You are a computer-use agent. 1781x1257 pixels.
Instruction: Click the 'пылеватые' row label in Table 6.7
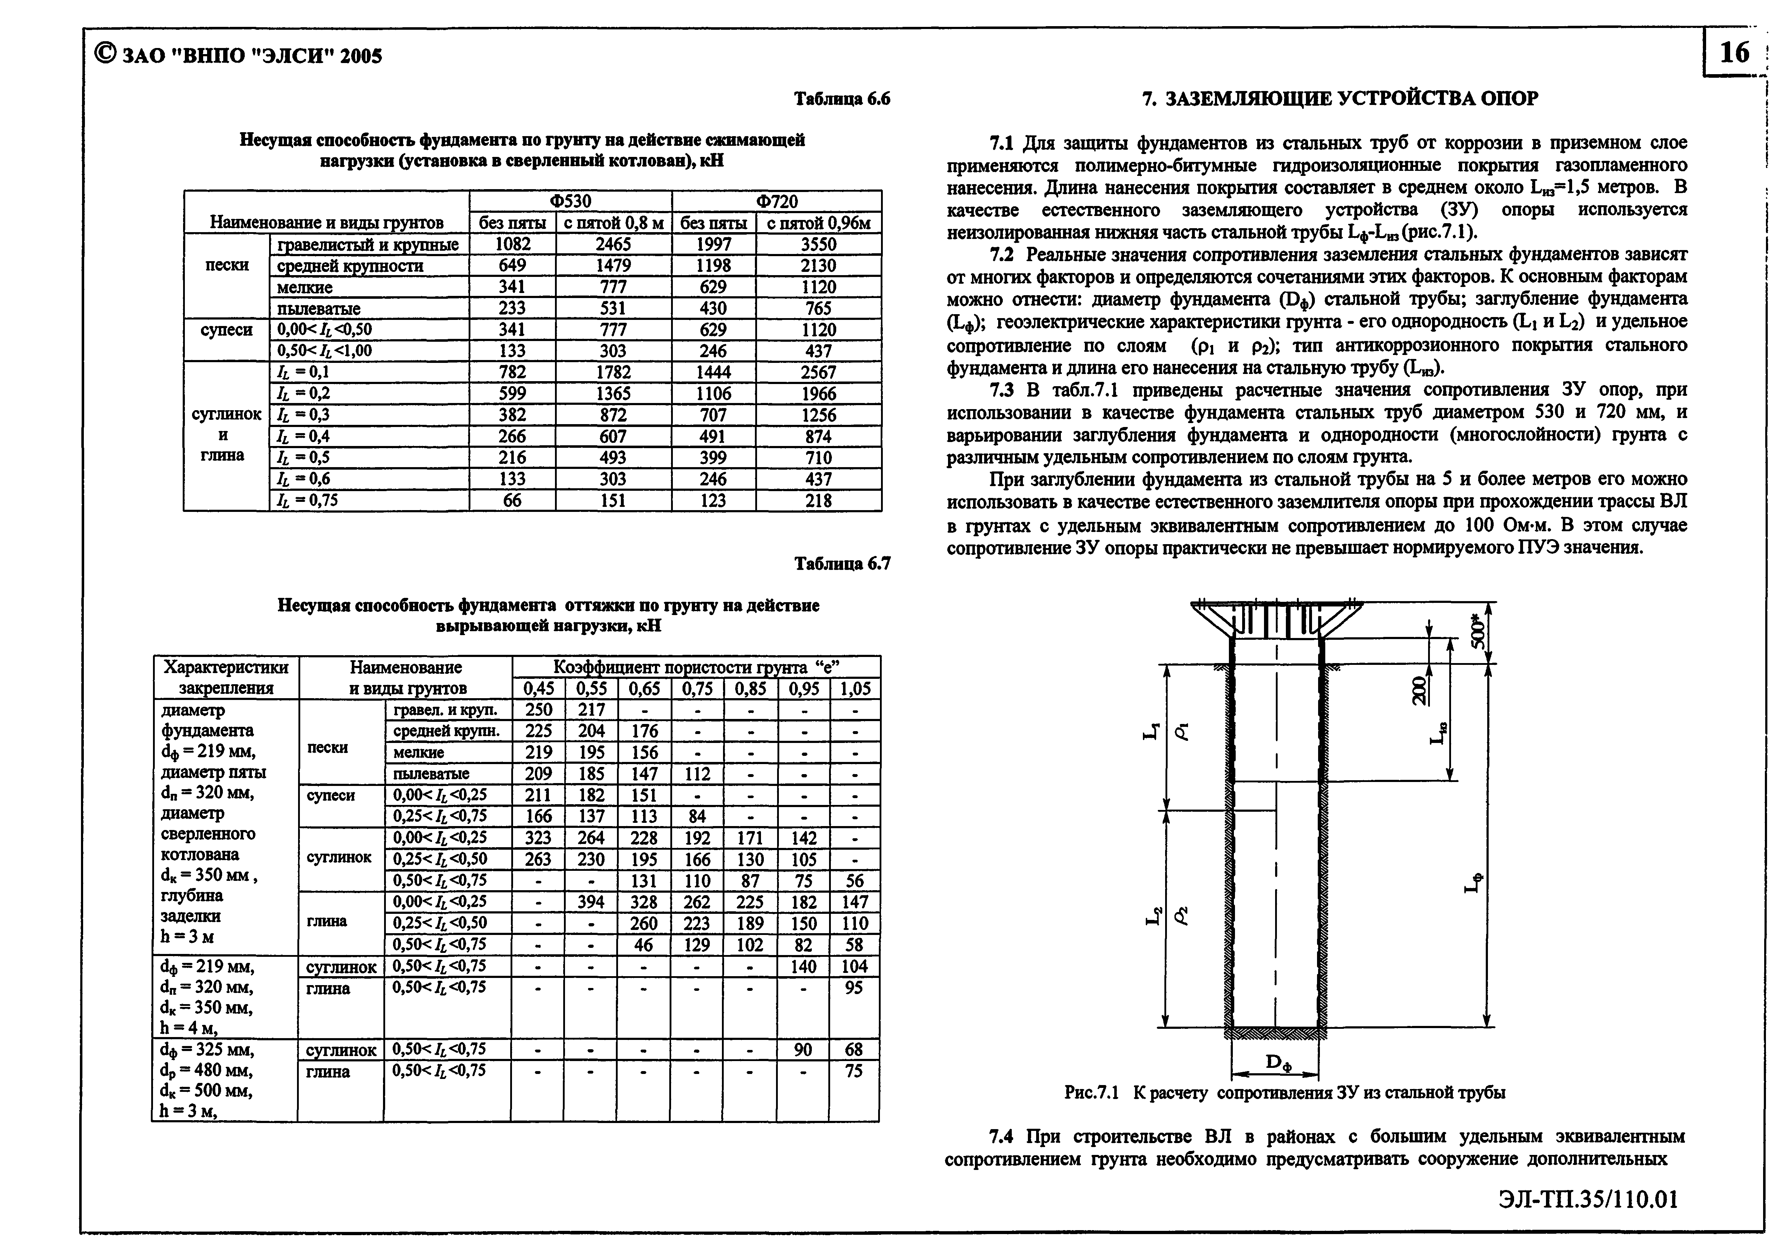point(431,774)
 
